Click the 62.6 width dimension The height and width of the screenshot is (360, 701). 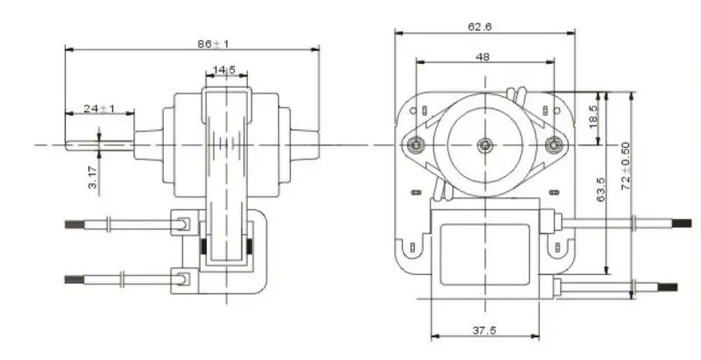click(x=479, y=26)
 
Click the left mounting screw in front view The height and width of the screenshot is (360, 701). click(x=415, y=144)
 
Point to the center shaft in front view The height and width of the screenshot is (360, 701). click(x=485, y=144)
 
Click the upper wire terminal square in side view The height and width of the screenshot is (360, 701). click(x=182, y=224)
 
